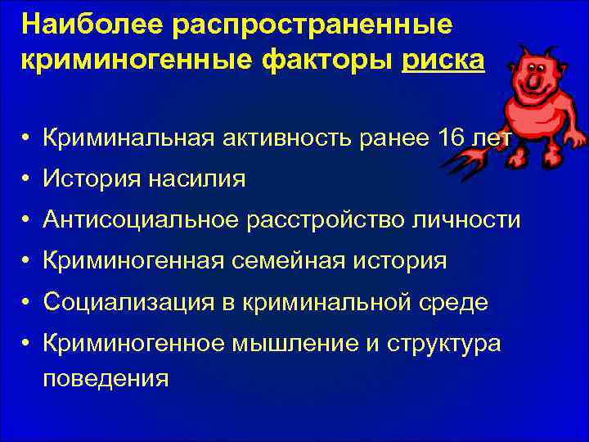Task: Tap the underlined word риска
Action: (443, 60)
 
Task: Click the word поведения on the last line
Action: (106, 378)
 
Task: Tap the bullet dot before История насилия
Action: (28, 179)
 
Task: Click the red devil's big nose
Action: (533, 81)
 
